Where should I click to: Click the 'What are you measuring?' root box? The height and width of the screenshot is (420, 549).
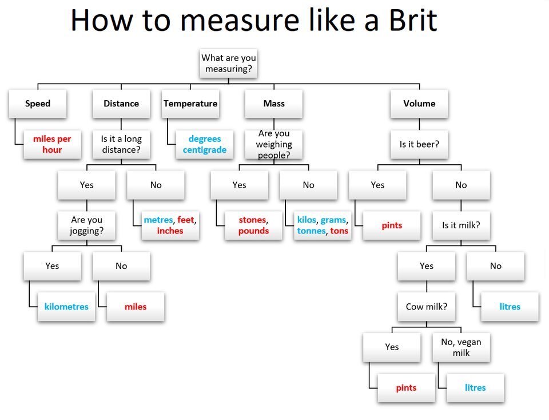click(x=229, y=64)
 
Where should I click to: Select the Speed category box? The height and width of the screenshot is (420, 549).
click(x=38, y=104)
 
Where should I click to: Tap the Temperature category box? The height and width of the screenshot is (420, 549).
click(x=190, y=104)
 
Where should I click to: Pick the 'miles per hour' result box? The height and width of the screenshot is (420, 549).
click(x=52, y=144)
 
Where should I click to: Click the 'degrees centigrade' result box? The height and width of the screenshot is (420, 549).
click(x=205, y=144)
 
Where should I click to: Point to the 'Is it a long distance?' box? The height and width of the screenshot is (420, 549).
click(x=121, y=144)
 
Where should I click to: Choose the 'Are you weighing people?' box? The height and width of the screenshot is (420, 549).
click(x=274, y=144)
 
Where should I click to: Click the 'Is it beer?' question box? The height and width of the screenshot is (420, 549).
click(x=419, y=144)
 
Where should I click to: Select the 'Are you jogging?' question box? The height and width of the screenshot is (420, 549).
click(x=86, y=225)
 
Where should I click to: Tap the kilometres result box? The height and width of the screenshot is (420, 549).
click(x=66, y=307)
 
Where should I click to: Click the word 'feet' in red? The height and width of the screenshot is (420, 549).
click(x=185, y=220)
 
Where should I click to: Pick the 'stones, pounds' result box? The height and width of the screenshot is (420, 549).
click(x=253, y=225)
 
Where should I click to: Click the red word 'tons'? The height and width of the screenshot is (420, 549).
click(x=339, y=231)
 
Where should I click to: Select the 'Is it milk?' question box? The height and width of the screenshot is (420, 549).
click(x=461, y=225)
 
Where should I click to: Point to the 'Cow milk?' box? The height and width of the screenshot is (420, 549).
click(x=427, y=307)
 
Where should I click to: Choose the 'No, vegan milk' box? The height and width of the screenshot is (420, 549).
click(x=461, y=347)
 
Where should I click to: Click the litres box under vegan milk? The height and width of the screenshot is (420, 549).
click(x=475, y=388)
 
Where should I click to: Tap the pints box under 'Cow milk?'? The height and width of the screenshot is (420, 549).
click(x=406, y=388)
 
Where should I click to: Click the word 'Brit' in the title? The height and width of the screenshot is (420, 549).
click(x=413, y=21)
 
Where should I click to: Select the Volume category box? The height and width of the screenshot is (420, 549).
click(x=419, y=104)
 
